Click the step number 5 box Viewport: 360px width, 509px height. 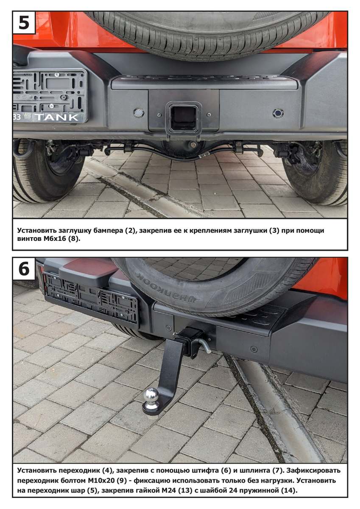24,23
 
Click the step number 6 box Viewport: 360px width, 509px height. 24,269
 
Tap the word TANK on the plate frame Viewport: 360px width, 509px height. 56,117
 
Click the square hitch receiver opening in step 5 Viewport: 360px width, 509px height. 184,118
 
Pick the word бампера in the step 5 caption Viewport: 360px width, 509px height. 108,231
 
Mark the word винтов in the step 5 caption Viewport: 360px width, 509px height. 29,239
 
